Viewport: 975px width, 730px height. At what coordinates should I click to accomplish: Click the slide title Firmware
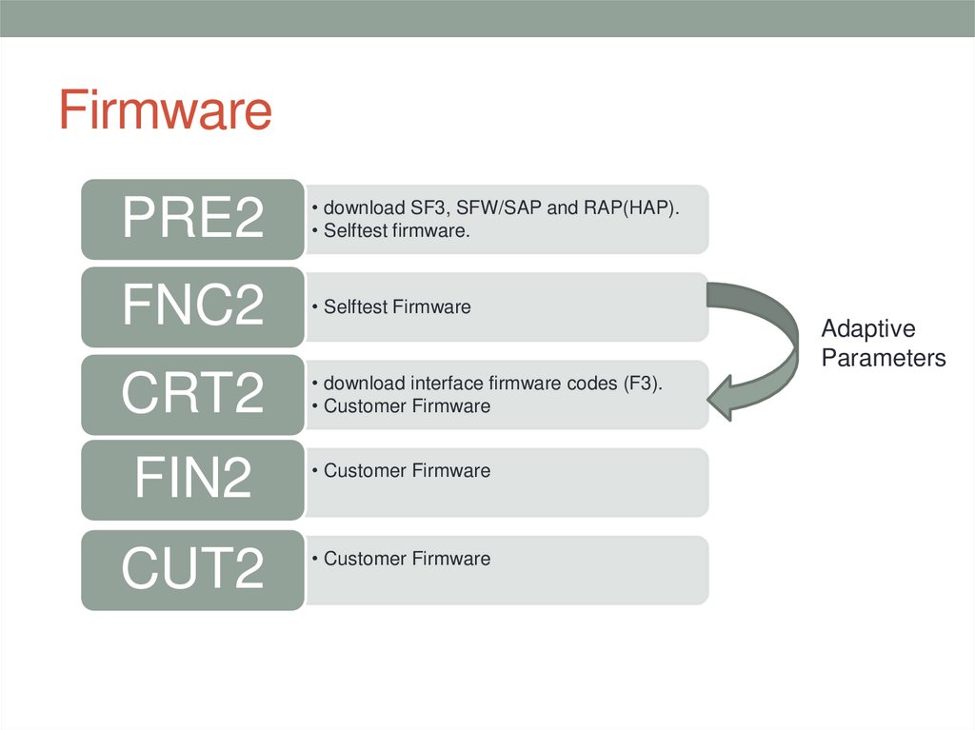[165, 110]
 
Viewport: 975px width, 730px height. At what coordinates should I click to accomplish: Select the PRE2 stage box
[192, 219]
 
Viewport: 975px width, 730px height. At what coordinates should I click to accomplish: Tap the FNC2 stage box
[192, 306]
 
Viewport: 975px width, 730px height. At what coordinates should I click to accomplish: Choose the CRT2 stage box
[192, 394]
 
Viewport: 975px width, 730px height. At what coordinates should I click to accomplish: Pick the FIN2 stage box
[192, 480]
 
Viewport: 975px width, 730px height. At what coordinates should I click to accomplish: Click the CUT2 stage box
[192, 568]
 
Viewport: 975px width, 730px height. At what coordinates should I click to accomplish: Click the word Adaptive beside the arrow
[867, 329]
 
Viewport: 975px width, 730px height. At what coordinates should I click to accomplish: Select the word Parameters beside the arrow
[883, 359]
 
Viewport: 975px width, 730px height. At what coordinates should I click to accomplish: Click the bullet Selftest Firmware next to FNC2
[396, 307]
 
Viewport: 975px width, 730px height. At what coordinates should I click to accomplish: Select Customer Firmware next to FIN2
[407, 471]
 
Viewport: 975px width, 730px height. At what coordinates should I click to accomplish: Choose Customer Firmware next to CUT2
[407, 559]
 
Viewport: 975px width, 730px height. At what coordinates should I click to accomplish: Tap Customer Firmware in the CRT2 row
[407, 406]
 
